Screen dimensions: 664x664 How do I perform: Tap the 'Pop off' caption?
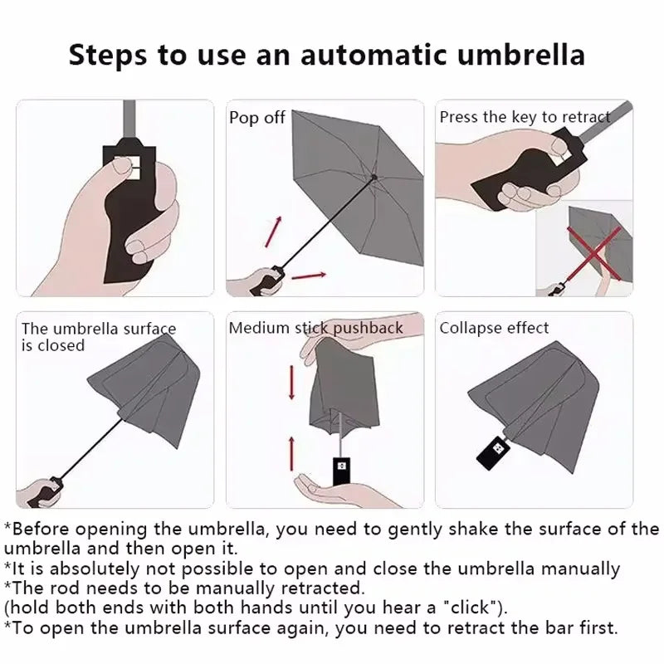[256, 118]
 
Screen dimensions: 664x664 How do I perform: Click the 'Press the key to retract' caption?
[525, 117]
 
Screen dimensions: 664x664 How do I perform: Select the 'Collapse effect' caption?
[494, 328]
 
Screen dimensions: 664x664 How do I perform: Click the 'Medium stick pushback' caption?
[315, 328]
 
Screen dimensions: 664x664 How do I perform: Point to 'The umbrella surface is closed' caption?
[98, 336]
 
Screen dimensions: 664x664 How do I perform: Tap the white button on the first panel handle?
[129, 168]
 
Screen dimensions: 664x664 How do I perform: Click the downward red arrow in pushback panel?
[291, 383]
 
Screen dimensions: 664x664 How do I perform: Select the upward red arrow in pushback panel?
[291, 452]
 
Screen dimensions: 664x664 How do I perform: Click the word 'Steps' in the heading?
[110, 56]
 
